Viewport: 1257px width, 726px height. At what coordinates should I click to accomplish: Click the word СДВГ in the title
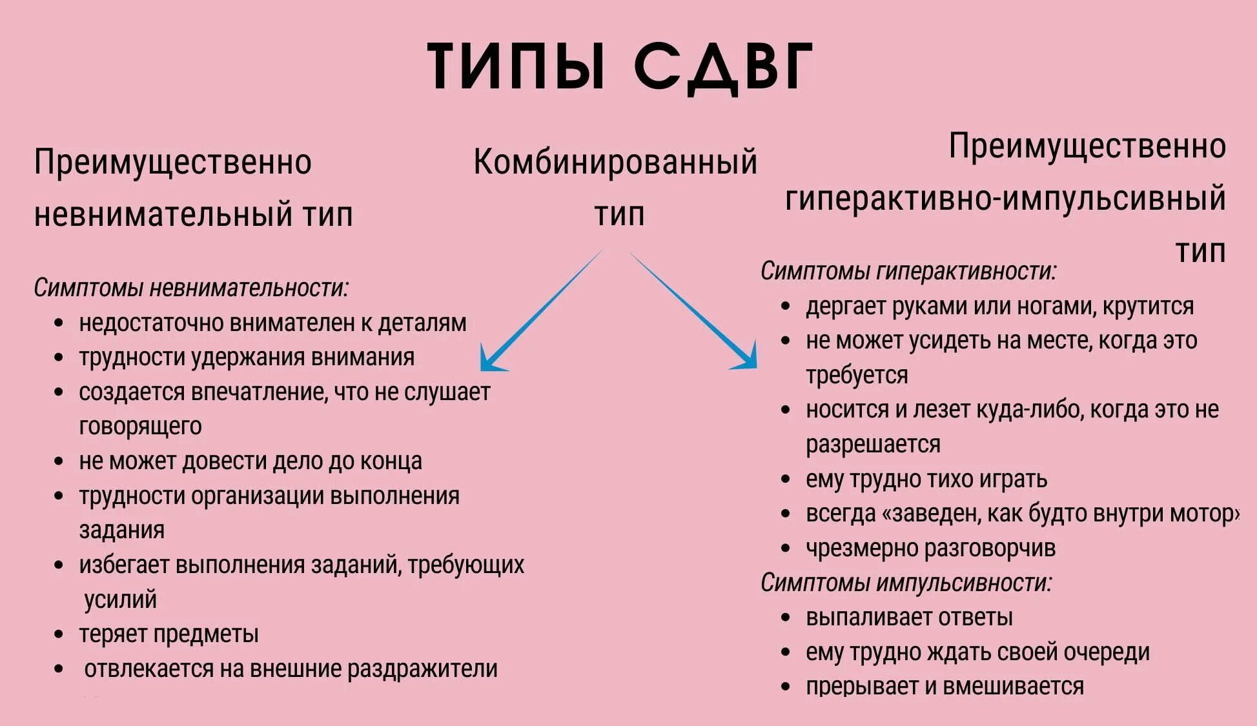(722, 66)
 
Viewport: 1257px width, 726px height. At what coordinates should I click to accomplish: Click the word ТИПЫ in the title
(516, 66)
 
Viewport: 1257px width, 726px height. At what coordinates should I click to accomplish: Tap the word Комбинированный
(615, 161)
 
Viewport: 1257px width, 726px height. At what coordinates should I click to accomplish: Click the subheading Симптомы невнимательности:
(191, 288)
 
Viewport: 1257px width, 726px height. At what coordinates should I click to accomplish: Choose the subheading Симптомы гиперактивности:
(908, 271)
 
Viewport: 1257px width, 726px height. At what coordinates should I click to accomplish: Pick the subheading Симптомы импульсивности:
(906, 583)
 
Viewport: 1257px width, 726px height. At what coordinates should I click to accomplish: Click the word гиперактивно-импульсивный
(1005, 198)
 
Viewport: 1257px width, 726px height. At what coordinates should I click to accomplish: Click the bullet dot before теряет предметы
(59, 634)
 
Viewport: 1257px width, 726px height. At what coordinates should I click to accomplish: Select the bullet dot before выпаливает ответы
(785, 618)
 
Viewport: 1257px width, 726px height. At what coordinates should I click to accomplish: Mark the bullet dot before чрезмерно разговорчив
(785, 549)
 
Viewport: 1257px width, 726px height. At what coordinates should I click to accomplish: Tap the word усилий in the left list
(120, 600)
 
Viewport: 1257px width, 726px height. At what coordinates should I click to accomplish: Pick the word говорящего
(140, 427)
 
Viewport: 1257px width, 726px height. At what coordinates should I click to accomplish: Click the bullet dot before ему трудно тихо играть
(785, 479)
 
